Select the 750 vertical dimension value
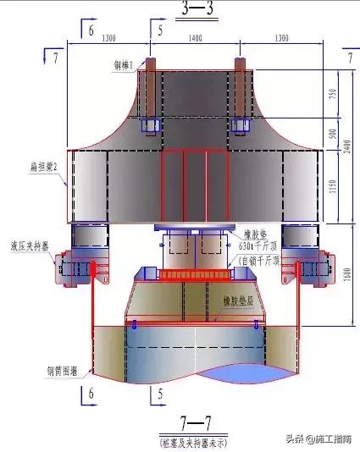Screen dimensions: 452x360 coord(332,94)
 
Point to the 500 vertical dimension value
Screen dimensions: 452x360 coord(332,133)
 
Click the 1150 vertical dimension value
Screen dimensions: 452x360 coord(332,184)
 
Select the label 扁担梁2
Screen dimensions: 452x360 coord(43,168)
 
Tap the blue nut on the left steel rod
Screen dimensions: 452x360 coord(151,125)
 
